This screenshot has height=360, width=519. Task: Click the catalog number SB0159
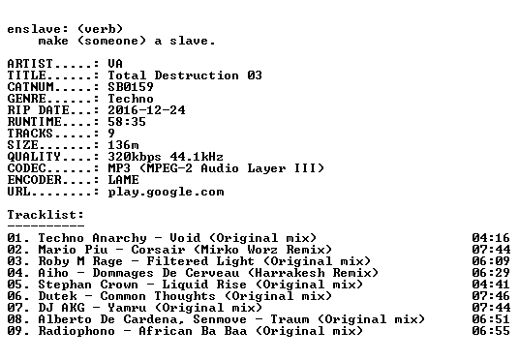131,87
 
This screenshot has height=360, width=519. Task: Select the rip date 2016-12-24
146,110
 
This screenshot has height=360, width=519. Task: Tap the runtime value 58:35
127,122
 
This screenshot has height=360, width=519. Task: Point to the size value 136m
123,145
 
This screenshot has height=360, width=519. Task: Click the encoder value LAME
123,180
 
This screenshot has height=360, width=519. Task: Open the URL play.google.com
166,193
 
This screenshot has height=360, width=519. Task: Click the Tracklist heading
46,215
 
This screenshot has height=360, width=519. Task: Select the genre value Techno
131,99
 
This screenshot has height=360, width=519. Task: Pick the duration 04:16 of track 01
491,238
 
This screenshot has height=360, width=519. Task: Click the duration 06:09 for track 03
491,261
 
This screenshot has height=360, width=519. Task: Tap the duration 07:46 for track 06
491,296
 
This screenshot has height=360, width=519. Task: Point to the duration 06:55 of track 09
491,331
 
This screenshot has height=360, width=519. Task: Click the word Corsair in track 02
158,250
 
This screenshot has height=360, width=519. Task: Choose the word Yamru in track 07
127,308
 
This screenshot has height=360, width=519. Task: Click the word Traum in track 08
290,319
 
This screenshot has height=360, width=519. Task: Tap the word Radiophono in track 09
76,331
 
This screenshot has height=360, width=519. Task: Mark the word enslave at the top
34,29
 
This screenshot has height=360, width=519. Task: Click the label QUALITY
34,157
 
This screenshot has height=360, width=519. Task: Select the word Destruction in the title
197,75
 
